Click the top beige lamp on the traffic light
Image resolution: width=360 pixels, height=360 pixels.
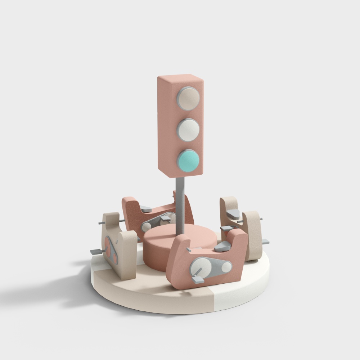click(188, 98)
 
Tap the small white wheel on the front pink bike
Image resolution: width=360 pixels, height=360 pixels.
click(226, 267)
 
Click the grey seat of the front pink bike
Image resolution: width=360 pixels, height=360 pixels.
click(223, 247)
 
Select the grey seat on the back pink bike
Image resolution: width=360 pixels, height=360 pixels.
click(145, 208)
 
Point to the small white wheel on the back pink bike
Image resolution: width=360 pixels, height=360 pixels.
click(146, 227)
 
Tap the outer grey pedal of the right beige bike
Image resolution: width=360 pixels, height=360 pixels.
click(266, 242)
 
